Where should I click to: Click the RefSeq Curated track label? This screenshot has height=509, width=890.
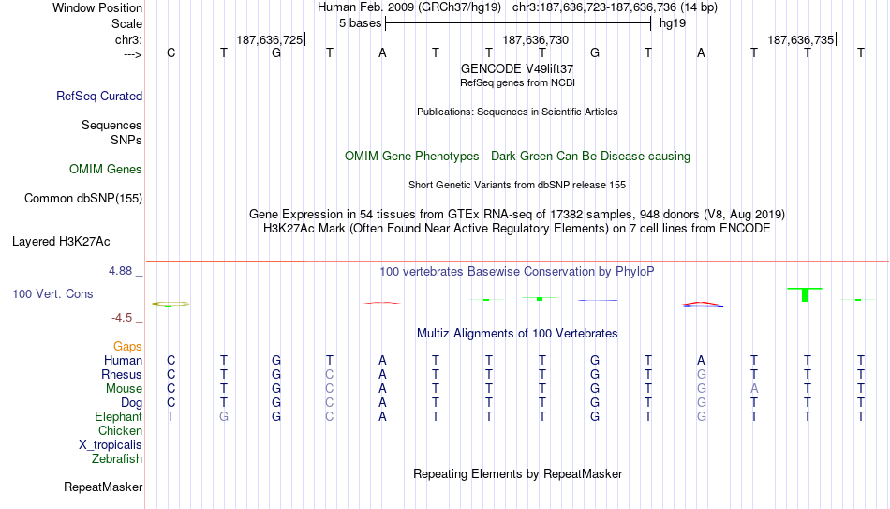click(99, 96)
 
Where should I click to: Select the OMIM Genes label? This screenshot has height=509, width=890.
click(106, 170)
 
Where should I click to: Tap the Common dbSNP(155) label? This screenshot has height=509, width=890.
click(83, 199)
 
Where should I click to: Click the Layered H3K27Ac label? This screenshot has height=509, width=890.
click(61, 242)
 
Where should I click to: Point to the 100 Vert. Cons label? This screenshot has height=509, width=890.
click(52, 293)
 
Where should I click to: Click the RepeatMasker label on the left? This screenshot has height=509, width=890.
click(103, 487)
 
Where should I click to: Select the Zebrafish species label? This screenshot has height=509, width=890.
click(117, 458)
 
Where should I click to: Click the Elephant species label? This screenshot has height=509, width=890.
click(118, 416)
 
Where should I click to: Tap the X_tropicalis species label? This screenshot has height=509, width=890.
click(111, 445)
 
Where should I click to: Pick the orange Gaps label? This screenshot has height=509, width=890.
click(127, 347)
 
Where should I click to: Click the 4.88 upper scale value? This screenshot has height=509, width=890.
click(120, 271)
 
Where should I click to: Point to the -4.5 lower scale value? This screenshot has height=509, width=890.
click(122, 318)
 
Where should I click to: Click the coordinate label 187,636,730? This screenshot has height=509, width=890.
click(535, 39)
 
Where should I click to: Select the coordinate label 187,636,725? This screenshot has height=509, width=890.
click(270, 39)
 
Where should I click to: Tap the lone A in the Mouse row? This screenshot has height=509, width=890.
click(754, 389)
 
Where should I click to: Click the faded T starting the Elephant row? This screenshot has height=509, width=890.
click(171, 416)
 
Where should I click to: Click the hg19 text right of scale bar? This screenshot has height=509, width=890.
click(673, 23)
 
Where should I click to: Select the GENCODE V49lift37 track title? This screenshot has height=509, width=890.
click(517, 68)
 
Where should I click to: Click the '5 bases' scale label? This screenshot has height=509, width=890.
click(361, 23)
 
